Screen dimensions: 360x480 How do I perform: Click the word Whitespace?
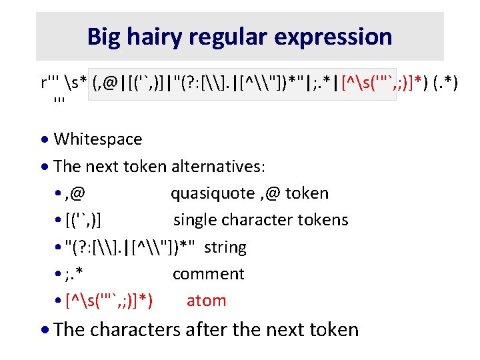97,139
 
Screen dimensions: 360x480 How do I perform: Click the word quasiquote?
212,194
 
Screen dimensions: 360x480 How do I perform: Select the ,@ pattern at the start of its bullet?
76,194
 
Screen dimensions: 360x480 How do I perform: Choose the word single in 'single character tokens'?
194,220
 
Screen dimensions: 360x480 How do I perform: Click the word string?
225,247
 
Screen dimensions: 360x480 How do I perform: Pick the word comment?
209,274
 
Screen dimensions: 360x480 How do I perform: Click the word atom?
206,301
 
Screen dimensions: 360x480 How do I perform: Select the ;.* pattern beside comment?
75,274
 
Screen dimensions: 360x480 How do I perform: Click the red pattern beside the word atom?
109,301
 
